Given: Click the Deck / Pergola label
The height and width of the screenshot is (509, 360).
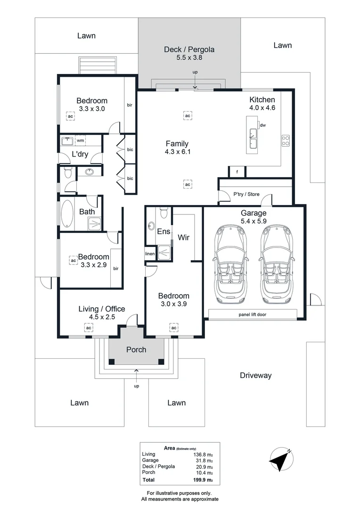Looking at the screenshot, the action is point(189,49).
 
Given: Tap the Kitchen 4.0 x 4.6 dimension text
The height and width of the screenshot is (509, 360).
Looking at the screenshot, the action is point(262,108).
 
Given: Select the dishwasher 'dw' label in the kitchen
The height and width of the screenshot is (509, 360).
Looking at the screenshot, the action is point(263,125).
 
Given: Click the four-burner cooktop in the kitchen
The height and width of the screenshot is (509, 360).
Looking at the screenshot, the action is point(286,141).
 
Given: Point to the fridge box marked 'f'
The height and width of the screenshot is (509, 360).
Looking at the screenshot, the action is point(237,172).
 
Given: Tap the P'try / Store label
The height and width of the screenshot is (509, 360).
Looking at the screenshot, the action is point(246,194).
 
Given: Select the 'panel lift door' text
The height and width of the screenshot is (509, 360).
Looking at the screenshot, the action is point(252,314).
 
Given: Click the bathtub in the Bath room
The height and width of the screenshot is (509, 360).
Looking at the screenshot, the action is point(67,213).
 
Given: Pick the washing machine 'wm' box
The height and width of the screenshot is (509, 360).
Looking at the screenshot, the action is point(80,140).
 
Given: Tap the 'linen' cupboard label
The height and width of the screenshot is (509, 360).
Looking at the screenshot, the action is point(150,254).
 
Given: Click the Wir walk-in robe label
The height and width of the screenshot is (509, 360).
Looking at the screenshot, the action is point(183,237).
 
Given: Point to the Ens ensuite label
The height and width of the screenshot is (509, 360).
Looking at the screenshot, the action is point(164,231).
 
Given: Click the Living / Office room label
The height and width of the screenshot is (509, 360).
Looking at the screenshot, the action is point(102,309).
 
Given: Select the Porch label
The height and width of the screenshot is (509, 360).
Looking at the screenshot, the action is point(136,350).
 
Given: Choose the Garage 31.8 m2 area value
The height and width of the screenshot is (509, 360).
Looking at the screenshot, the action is point(204,460).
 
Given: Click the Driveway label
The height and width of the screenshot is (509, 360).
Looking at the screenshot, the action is point(256,376).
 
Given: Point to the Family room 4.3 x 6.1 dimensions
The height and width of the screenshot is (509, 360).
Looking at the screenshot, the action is point(178,152).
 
